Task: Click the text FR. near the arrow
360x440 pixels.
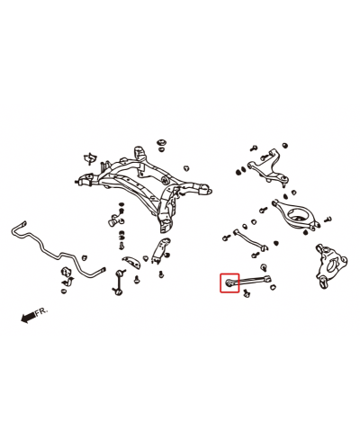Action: coord(41,311)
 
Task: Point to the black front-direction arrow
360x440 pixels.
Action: coord(28,318)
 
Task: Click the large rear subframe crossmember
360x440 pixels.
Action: coord(144,185)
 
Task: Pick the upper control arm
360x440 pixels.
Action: coord(268,166)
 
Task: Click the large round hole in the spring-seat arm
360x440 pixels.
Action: coord(299,215)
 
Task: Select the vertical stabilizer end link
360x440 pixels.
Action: coord(120,282)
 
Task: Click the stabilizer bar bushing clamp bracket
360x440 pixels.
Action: coord(67,276)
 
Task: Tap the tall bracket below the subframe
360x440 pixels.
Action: coord(161,251)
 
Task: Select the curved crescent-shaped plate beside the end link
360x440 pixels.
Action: coord(131,262)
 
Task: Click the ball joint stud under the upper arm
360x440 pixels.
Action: coord(283,183)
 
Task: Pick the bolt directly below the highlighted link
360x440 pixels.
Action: coord(247,293)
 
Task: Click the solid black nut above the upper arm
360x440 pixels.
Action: coord(285,145)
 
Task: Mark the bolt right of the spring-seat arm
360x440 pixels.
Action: coord(328,220)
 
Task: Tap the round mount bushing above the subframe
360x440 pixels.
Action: coord(162,142)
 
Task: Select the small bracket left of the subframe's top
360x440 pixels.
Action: coord(90,158)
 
